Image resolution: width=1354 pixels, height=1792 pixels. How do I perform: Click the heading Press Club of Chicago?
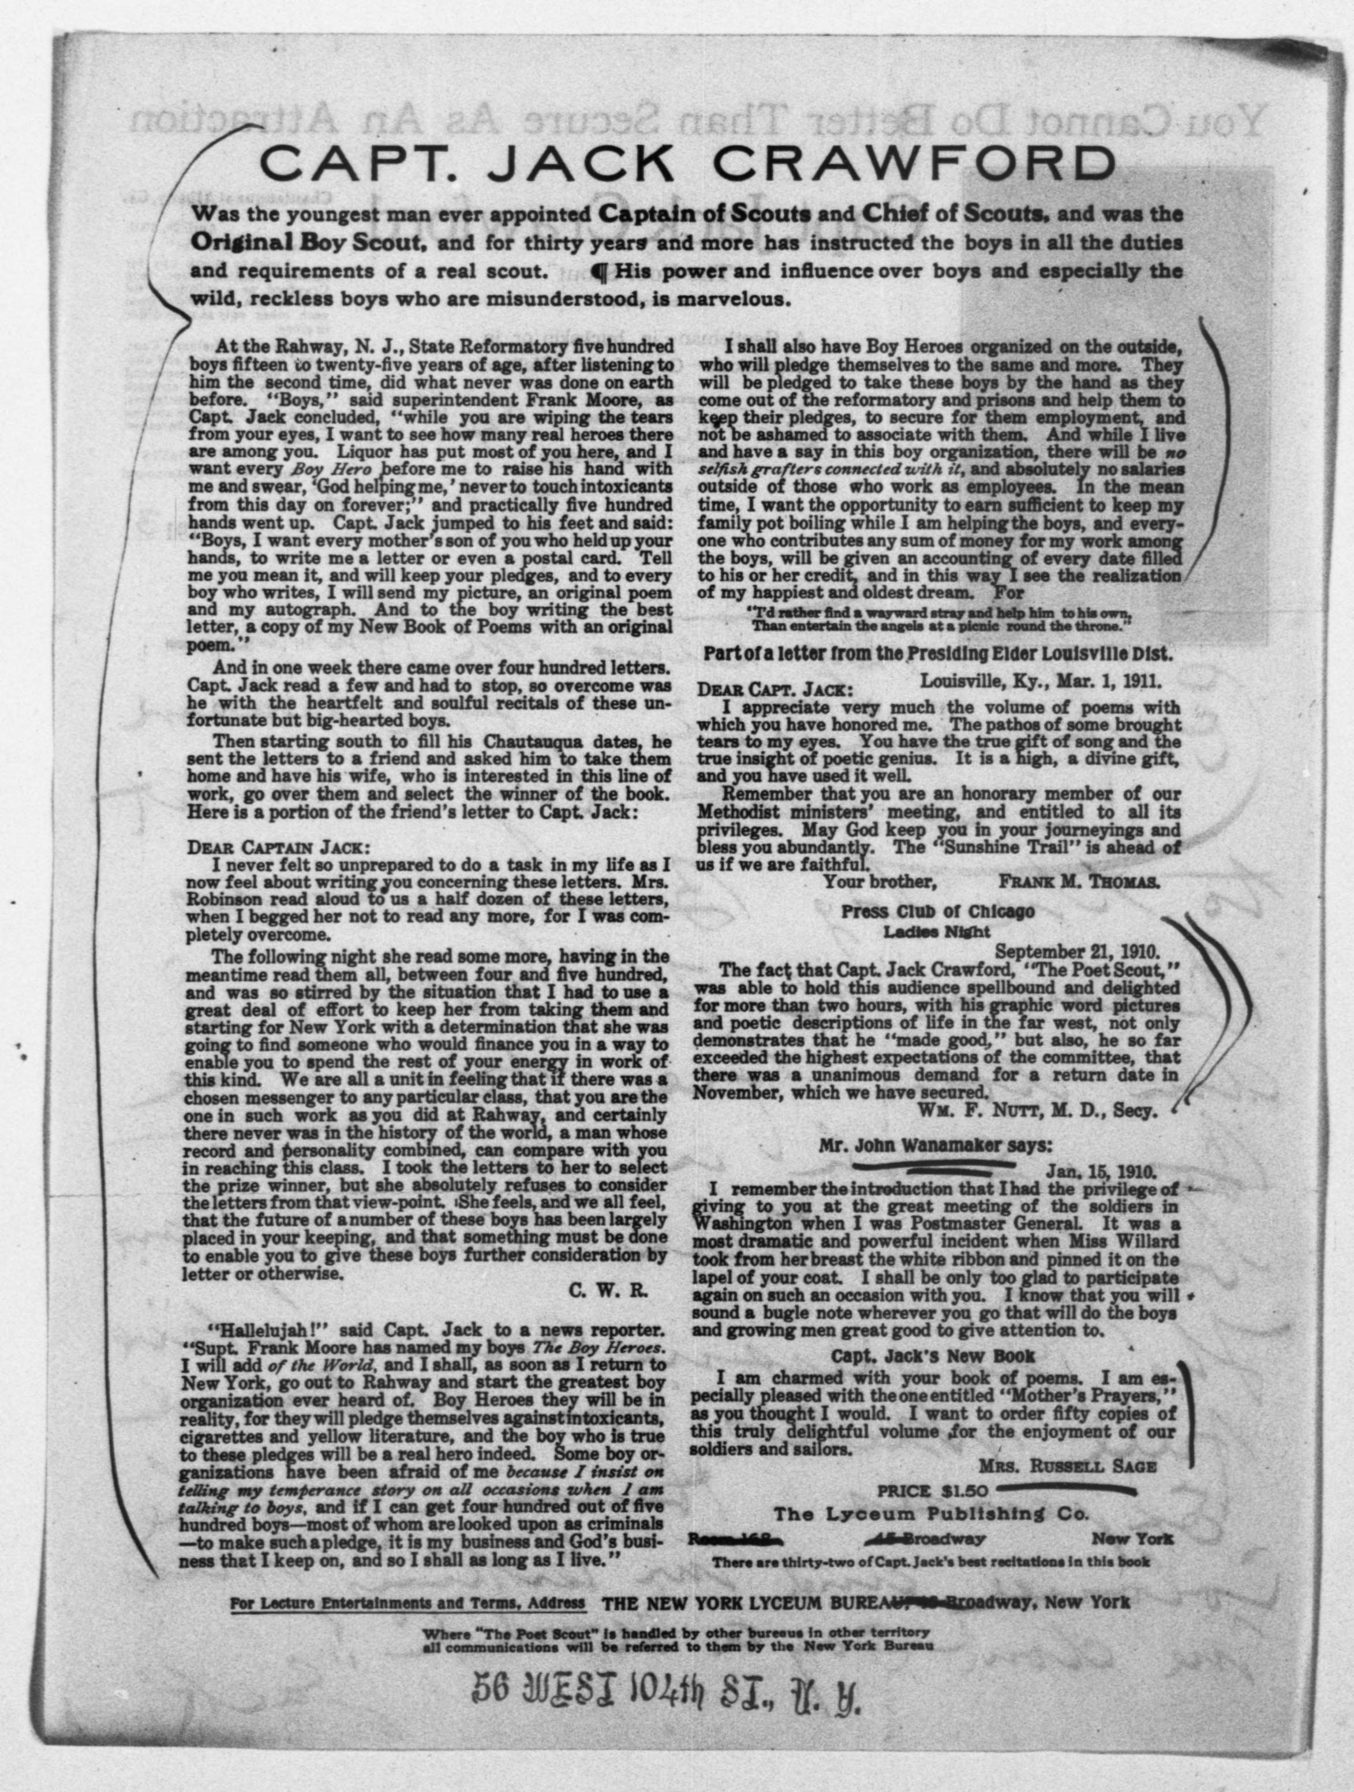tap(937, 912)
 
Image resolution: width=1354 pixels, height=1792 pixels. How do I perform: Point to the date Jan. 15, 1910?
tap(1101, 1171)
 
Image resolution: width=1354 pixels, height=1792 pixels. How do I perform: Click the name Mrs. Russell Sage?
tap(1067, 1466)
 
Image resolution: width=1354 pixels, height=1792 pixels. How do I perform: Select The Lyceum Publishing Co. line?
tap(932, 1513)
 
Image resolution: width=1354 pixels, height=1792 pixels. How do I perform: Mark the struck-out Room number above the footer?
tap(735, 1537)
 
